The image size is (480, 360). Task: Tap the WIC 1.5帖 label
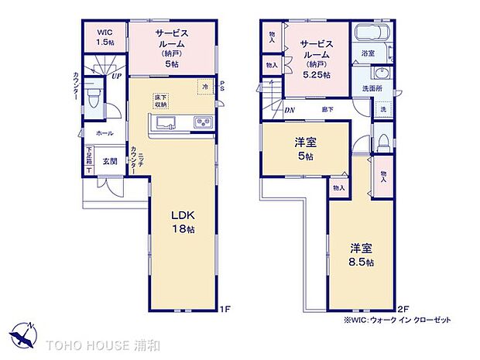[x=105, y=37]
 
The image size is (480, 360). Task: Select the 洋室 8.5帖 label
[x=361, y=255]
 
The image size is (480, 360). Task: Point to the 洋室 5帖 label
[x=303, y=149]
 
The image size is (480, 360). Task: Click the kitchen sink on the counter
[x=166, y=123]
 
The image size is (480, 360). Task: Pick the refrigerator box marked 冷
[x=204, y=87]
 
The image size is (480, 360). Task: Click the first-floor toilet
[x=93, y=98]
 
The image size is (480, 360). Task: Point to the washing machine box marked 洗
[x=382, y=110]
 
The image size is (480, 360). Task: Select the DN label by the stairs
[x=289, y=110]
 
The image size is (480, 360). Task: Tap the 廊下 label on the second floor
[x=327, y=110]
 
